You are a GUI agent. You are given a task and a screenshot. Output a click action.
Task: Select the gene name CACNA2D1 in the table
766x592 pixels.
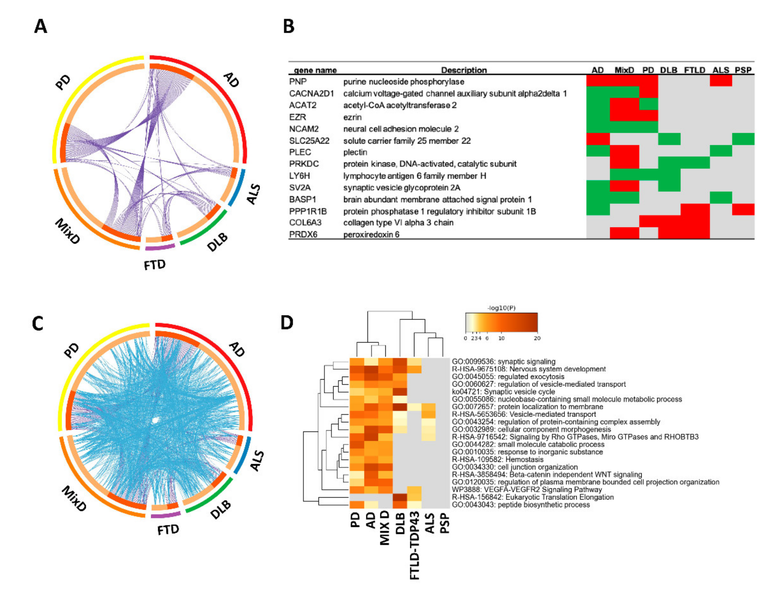pyautogui.click(x=311, y=94)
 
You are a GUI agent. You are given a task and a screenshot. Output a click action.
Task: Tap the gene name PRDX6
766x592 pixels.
pyautogui.click(x=303, y=234)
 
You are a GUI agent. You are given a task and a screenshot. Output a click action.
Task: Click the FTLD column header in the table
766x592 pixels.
pyautogui.click(x=694, y=70)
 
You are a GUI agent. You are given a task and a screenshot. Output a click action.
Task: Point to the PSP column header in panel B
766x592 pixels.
pyautogui.click(x=743, y=70)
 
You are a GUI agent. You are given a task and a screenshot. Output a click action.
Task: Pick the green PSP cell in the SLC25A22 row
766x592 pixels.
pyautogui.click(x=743, y=139)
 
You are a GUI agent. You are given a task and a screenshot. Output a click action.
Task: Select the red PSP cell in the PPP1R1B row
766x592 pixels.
pyautogui.click(x=743, y=209)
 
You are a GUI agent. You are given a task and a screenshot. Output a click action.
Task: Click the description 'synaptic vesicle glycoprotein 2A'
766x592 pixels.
pyautogui.click(x=402, y=188)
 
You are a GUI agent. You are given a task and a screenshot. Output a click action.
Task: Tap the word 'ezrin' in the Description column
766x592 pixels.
pyautogui.click(x=352, y=117)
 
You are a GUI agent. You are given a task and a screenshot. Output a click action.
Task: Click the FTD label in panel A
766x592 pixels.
pyautogui.click(x=155, y=265)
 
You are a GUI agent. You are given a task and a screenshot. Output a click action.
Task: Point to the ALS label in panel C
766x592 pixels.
pyautogui.click(x=257, y=460)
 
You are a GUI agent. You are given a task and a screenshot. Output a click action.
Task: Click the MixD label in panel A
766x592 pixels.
pyautogui.click(x=68, y=231)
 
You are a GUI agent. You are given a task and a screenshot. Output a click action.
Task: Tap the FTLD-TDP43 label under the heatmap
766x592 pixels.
pyautogui.click(x=414, y=546)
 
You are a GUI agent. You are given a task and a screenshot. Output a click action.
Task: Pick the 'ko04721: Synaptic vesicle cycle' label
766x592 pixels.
pyautogui.click(x=503, y=392)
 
